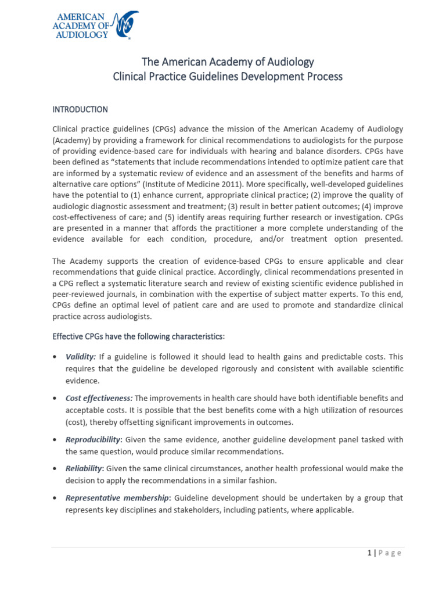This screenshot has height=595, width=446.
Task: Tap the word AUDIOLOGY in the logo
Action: click(x=80, y=34)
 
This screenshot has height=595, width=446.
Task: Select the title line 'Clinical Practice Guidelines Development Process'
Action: click(x=228, y=76)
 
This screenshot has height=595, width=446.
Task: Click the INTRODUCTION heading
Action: click(x=80, y=109)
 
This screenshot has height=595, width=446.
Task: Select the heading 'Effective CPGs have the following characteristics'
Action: click(x=138, y=336)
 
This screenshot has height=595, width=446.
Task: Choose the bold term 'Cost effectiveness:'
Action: click(x=99, y=398)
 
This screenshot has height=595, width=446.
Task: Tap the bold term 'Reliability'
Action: click(x=84, y=468)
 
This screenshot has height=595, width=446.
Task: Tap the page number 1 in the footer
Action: click(x=369, y=553)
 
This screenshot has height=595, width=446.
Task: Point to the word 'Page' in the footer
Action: click(x=389, y=553)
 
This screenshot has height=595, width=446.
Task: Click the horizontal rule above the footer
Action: click(x=226, y=546)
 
